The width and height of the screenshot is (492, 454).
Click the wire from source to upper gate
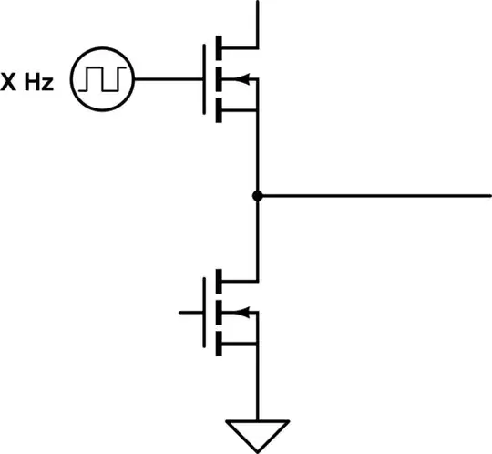pyautogui.click(x=169, y=79)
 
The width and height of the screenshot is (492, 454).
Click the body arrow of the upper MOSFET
pyautogui.click(x=238, y=79)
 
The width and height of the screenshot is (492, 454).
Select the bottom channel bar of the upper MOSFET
pyautogui.click(x=220, y=112)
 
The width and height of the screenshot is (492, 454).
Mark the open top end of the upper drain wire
pyautogui.click(x=259, y=3)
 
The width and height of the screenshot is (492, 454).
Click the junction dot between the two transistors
pyautogui.click(x=259, y=195)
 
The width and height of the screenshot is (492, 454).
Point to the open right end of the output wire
pyautogui.click(x=488, y=195)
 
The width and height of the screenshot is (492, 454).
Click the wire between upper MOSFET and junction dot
pyautogui.click(x=259, y=155)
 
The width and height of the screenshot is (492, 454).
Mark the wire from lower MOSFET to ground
pyautogui.click(x=259, y=383)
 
